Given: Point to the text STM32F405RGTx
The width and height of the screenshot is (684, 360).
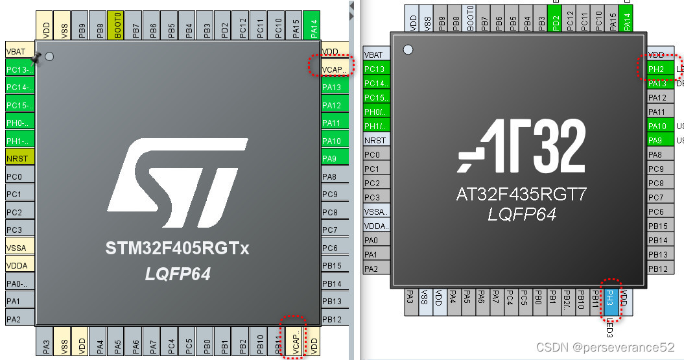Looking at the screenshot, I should pyautogui.click(x=177, y=248).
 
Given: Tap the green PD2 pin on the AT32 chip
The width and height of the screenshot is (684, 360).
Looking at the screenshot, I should pyautogui.click(x=556, y=22).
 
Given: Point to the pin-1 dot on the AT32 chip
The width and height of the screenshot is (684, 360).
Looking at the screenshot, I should pyautogui.click(x=408, y=49).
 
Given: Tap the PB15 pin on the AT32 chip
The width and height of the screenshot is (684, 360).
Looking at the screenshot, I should pyautogui.click(x=657, y=226).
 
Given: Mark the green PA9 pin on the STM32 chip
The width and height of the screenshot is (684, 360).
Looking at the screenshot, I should pyautogui.click(x=331, y=158).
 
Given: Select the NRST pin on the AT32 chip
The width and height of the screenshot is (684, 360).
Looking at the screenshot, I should pyautogui.click(x=375, y=140).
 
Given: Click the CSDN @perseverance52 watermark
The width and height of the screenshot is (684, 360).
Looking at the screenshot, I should pyautogui.click(x=606, y=347).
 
